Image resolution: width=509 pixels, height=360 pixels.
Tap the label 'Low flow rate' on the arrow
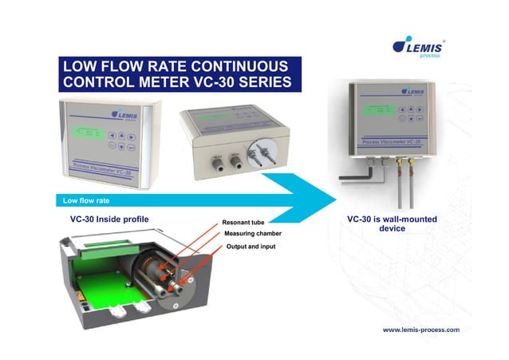(74, 200)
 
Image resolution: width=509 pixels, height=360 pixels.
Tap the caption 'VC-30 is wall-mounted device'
(392, 224)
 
